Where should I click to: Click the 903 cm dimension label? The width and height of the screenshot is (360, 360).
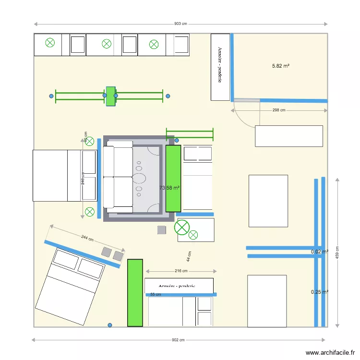pyautogui.click(x=180, y=24)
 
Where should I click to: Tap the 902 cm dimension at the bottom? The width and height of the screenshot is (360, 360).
pyautogui.click(x=178, y=340)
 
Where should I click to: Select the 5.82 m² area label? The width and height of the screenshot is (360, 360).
pyautogui.click(x=281, y=66)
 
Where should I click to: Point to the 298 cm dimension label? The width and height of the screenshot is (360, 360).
pyautogui.click(x=279, y=110)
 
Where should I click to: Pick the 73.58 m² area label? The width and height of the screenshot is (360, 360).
pyautogui.click(x=169, y=188)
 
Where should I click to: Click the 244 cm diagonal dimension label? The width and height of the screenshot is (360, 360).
pyautogui.click(x=87, y=238)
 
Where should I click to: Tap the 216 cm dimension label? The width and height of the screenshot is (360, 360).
pyautogui.click(x=181, y=271)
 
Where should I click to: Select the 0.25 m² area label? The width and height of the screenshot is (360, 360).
pyautogui.click(x=319, y=291)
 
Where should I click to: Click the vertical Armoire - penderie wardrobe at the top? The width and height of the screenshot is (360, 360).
pyautogui.click(x=220, y=67)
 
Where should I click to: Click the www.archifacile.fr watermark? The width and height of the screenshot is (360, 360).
pyautogui.click(x=330, y=352)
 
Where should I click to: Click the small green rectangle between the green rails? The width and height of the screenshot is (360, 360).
pyautogui.click(x=111, y=96)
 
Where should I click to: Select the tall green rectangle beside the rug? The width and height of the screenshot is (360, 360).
pyautogui.click(x=173, y=178)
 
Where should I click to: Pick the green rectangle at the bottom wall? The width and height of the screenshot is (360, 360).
pyautogui.click(x=135, y=293)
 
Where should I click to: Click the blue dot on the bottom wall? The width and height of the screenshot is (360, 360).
pyautogui.click(x=110, y=325)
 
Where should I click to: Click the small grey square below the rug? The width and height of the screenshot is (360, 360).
pyautogui.click(x=161, y=230)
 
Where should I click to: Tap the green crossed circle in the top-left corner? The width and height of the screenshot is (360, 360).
pyautogui.click(x=49, y=43)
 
